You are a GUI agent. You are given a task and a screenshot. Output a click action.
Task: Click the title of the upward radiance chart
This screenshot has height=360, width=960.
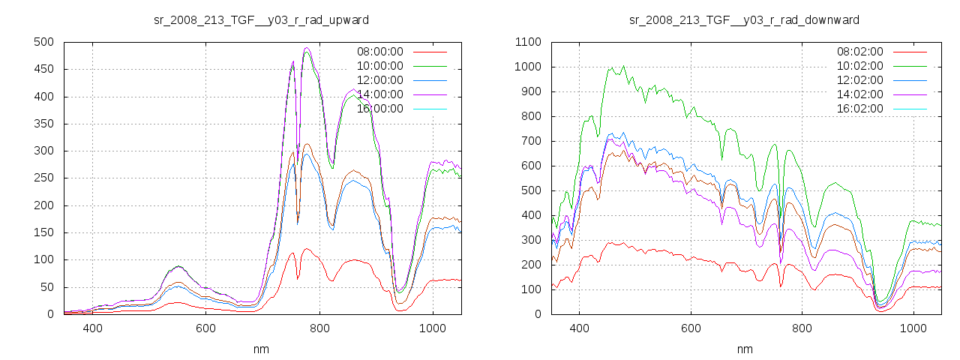(262, 19)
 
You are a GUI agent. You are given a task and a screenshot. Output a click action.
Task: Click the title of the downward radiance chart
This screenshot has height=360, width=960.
(744, 19)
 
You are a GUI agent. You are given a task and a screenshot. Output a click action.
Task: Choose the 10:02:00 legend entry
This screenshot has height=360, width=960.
(859, 66)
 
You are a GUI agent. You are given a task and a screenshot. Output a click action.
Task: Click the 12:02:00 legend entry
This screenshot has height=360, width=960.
(859, 80)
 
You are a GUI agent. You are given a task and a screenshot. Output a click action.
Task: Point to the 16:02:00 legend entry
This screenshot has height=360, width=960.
(859, 109)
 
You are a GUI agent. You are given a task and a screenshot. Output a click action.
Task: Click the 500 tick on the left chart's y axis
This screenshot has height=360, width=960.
(43, 42)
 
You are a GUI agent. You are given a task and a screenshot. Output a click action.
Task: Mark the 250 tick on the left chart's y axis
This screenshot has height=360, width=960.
(43, 178)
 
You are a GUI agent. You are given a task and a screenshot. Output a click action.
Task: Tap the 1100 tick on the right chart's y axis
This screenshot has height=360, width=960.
(528, 42)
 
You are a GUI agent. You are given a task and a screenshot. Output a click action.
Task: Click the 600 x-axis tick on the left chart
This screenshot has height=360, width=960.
(205, 328)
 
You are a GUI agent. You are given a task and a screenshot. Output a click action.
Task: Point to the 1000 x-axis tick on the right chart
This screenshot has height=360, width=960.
(913, 328)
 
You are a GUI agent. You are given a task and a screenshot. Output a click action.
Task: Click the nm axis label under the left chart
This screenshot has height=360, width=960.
(262, 349)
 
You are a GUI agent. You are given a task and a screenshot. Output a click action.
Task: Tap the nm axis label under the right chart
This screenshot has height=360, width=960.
(744, 349)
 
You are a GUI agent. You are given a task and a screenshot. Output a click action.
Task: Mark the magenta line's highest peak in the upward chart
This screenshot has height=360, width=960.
(307, 48)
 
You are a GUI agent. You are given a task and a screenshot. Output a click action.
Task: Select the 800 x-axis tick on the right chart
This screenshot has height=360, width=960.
(802, 328)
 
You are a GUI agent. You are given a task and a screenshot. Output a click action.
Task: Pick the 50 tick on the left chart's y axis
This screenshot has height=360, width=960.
(46, 287)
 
